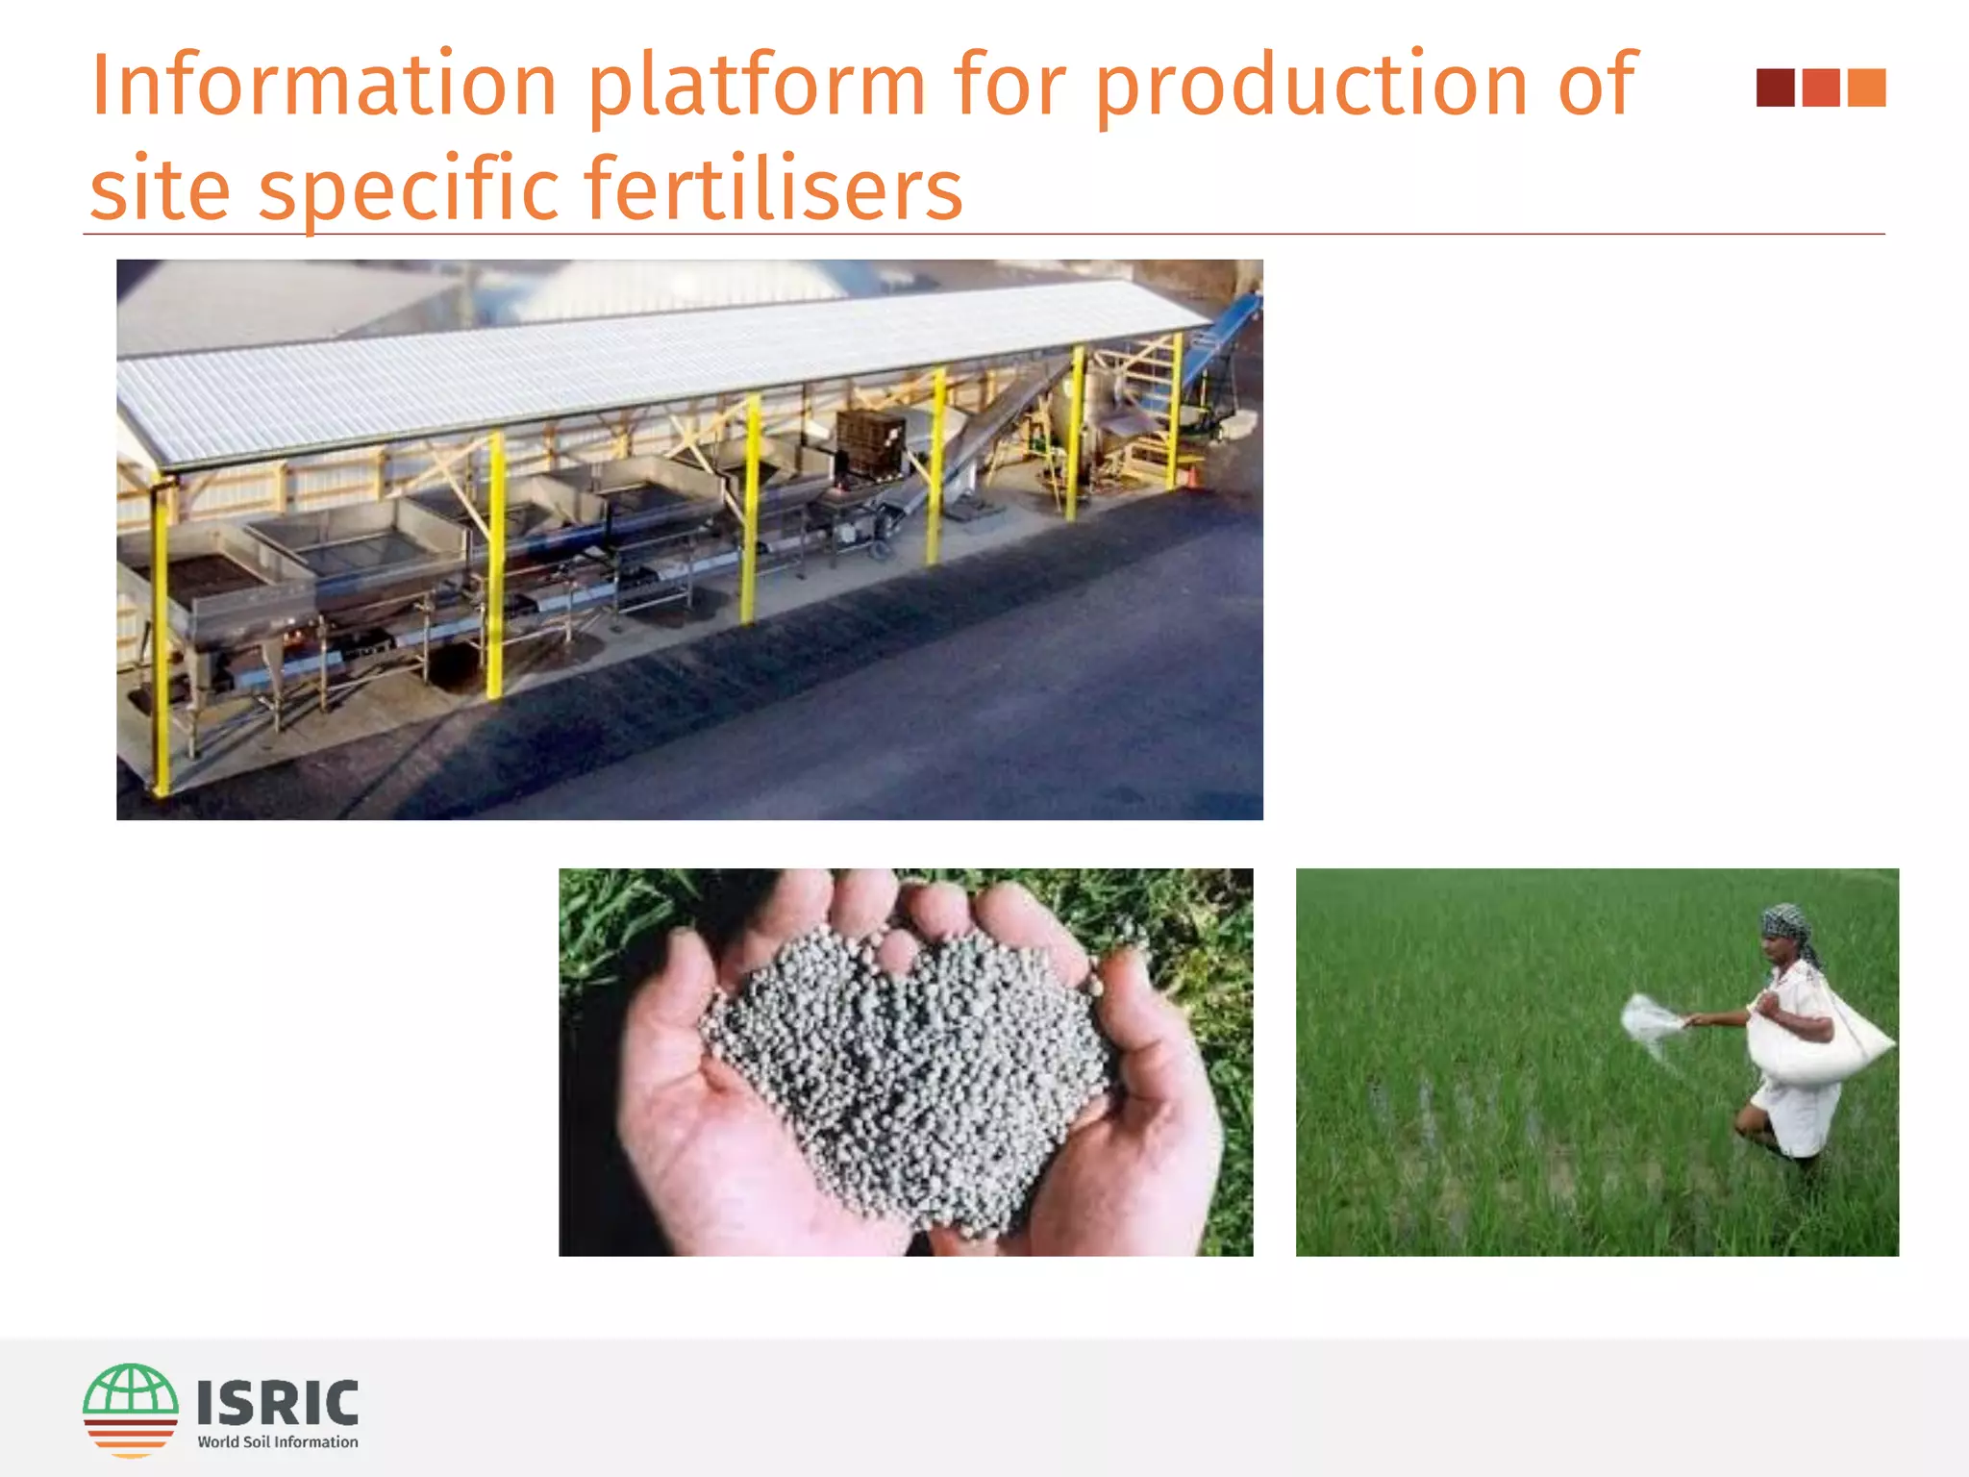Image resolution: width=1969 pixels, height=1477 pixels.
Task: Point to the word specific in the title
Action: point(409,189)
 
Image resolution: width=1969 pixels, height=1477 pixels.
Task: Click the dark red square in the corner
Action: point(1775,88)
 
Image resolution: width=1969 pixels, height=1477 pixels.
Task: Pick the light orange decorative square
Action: point(1866,88)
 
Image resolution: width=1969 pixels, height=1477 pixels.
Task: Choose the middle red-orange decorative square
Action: point(1821,88)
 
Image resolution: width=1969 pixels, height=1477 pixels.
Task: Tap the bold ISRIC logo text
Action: point(278,1402)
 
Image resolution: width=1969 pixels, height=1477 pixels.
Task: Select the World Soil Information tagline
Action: point(278,1441)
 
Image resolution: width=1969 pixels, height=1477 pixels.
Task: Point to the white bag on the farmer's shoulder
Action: point(1817,1048)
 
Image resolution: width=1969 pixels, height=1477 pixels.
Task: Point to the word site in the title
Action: point(160,189)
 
